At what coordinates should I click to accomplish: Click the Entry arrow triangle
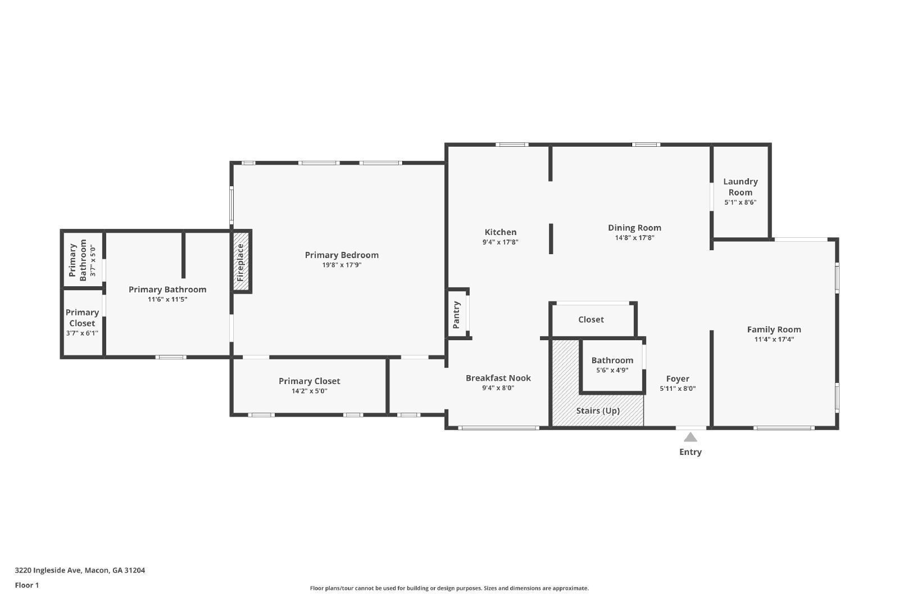point(690,437)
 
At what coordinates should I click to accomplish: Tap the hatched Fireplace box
point(241,261)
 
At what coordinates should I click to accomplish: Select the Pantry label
point(456,314)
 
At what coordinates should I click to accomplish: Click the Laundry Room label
point(740,187)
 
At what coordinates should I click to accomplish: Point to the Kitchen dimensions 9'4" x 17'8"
point(500,242)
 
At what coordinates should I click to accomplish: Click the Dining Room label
point(634,228)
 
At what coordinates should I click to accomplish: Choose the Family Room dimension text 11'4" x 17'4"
point(774,339)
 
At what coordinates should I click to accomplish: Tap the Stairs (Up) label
point(598,410)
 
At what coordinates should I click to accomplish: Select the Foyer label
point(678,378)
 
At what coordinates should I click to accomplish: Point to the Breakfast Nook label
point(498,378)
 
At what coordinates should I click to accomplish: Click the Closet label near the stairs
point(591,319)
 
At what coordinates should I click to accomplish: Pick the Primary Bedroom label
point(342,255)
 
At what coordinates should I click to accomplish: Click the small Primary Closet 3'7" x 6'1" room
point(82,322)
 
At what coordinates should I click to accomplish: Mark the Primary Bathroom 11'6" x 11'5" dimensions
point(167,299)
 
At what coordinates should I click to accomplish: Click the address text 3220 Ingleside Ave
point(80,570)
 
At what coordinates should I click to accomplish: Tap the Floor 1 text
point(27,585)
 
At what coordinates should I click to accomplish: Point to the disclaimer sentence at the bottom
point(449,588)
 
